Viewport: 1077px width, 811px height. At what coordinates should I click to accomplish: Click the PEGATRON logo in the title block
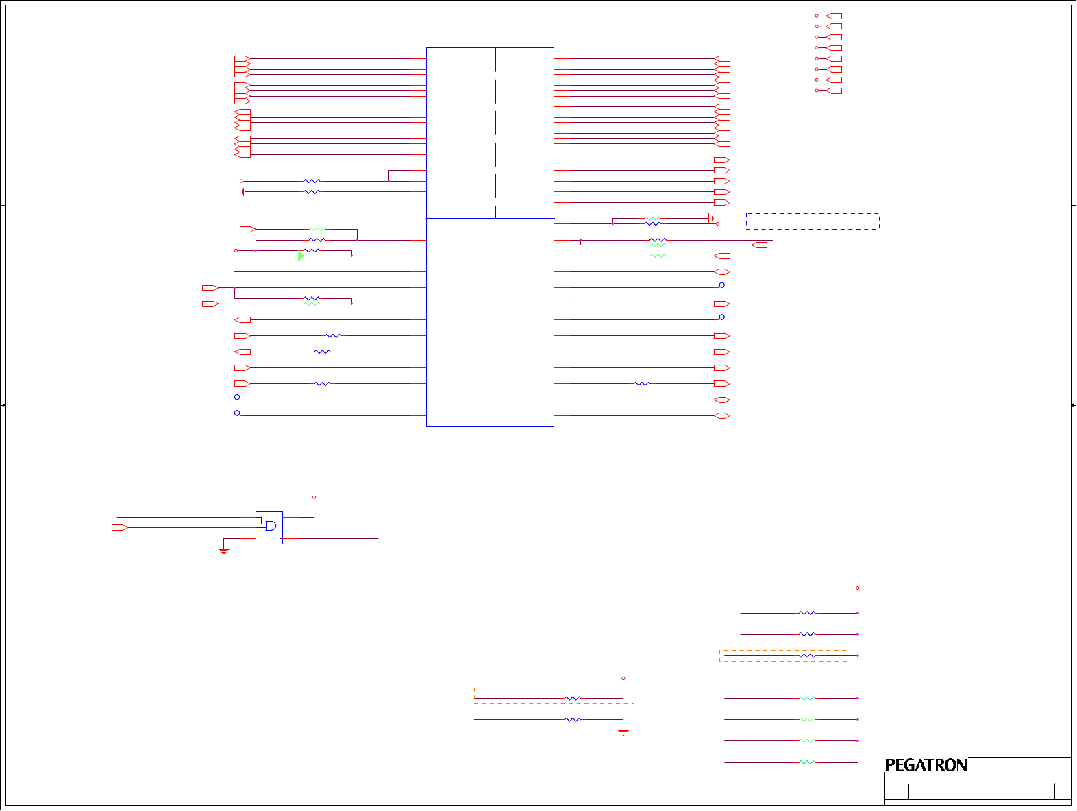coord(926,765)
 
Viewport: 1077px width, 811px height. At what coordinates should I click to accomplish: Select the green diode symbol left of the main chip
coord(301,256)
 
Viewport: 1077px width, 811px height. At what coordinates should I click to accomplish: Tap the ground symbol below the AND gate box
coord(223,550)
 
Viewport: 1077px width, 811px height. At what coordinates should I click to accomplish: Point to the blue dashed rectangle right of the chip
coord(813,221)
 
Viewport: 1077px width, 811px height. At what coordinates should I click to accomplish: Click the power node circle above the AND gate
coord(314,497)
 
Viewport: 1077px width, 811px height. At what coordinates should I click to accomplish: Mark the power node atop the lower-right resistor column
coord(857,588)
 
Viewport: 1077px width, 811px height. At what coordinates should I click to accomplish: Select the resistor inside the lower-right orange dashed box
coord(808,656)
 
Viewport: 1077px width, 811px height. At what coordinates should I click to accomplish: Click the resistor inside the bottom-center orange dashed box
coord(572,699)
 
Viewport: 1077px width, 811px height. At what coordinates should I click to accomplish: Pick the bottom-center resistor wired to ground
coord(572,720)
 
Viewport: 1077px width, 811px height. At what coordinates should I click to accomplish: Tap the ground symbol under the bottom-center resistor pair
coord(623,732)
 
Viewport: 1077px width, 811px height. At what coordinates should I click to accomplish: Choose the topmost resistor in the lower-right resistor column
coord(808,613)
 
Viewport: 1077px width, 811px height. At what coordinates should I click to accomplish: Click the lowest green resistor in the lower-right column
coord(808,762)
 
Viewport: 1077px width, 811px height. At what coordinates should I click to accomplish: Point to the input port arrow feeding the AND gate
coord(120,527)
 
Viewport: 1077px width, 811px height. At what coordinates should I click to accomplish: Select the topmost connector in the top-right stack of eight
coord(833,16)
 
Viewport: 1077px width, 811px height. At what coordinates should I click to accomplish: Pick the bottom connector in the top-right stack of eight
coord(833,90)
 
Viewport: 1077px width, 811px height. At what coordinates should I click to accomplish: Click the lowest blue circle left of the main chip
coord(237,413)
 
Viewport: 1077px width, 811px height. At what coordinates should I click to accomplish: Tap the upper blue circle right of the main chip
coord(721,285)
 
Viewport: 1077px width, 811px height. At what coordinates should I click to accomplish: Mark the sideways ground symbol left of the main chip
coord(243,192)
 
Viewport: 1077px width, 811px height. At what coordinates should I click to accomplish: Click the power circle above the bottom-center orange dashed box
coord(623,679)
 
